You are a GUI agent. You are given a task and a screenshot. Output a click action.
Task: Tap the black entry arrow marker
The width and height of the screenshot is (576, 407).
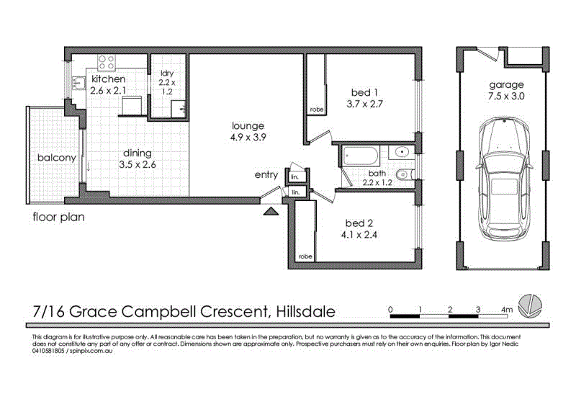click(271, 211)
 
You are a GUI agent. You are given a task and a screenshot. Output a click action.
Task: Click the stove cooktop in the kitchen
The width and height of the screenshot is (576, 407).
click(107, 63)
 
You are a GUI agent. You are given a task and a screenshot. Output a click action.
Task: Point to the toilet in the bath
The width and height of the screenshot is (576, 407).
click(405, 173)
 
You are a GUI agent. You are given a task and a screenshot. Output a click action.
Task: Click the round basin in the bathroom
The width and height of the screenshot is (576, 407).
click(402, 153)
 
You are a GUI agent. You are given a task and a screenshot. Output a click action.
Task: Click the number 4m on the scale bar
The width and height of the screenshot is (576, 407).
click(507, 310)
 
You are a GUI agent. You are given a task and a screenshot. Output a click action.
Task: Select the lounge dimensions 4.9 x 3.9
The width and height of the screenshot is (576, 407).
click(248, 138)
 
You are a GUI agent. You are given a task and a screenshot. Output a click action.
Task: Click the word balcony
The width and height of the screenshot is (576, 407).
click(57, 158)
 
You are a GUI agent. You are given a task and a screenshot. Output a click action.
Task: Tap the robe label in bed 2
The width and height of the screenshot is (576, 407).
click(305, 256)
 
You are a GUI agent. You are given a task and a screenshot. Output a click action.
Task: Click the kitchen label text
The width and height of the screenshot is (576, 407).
click(108, 79)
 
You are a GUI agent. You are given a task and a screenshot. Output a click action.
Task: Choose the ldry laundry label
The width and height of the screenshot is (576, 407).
click(166, 73)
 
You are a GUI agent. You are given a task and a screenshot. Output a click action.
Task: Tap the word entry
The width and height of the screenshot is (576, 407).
click(266, 175)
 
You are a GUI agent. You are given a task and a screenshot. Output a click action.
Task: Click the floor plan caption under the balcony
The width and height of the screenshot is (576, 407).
click(58, 216)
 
